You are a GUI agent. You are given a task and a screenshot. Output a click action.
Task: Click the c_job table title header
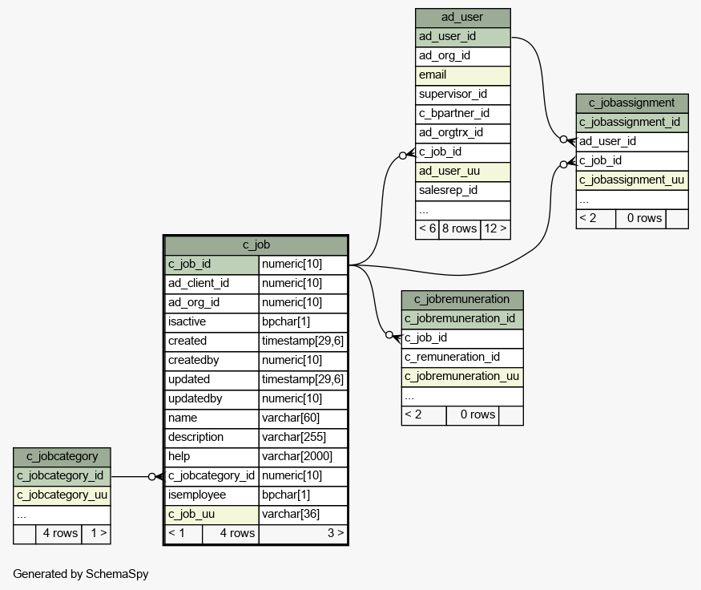click(x=256, y=245)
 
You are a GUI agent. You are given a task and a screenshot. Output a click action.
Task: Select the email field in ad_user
click(x=463, y=75)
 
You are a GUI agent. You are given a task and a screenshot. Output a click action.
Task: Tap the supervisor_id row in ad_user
click(x=463, y=95)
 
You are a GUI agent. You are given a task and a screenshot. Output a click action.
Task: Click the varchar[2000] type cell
click(x=303, y=457)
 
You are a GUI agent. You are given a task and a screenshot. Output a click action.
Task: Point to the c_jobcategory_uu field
click(x=62, y=495)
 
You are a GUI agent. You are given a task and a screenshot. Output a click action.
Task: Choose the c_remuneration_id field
click(x=462, y=358)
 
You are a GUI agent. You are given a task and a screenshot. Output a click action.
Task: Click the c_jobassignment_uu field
click(x=632, y=180)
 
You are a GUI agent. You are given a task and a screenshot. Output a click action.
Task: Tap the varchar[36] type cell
click(x=303, y=515)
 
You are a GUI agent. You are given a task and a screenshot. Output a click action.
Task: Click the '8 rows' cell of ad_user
click(x=460, y=229)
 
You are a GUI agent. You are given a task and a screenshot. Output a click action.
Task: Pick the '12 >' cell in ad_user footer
click(x=495, y=229)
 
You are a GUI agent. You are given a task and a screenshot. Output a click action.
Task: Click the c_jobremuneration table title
click(x=462, y=300)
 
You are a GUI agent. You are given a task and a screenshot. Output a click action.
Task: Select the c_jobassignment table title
click(x=632, y=103)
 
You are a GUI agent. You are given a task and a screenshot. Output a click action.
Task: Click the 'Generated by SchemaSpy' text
click(x=80, y=574)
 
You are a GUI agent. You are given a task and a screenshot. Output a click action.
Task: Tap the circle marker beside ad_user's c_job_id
click(x=403, y=156)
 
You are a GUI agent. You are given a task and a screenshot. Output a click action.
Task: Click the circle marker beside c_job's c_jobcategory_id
click(x=152, y=477)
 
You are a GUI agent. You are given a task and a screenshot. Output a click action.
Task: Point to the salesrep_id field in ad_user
click(x=463, y=191)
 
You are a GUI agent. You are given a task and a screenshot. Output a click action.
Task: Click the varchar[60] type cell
click(x=303, y=418)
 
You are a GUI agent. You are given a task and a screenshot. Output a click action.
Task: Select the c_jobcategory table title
click(x=62, y=457)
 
